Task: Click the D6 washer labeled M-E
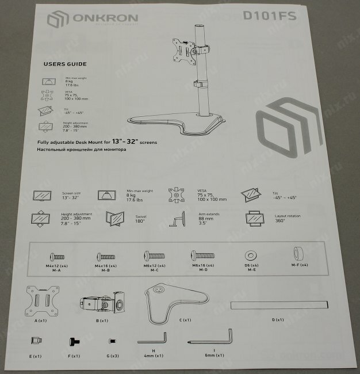click(251, 254)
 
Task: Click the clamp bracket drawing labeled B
click(104, 304)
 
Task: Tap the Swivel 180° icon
click(116, 219)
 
